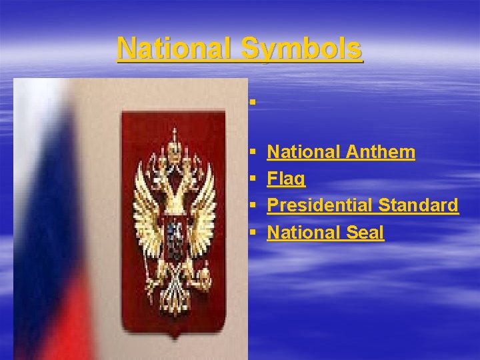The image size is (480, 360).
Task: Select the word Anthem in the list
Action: tap(381, 153)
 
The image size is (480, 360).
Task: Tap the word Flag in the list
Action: tap(287, 179)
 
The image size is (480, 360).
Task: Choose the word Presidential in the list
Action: tap(319, 205)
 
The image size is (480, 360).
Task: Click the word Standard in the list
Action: tap(418, 205)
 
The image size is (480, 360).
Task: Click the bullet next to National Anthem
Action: tap(253, 153)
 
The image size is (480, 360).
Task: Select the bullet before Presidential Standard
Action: tap(253, 206)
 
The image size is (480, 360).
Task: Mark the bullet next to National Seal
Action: tap(253, 233)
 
